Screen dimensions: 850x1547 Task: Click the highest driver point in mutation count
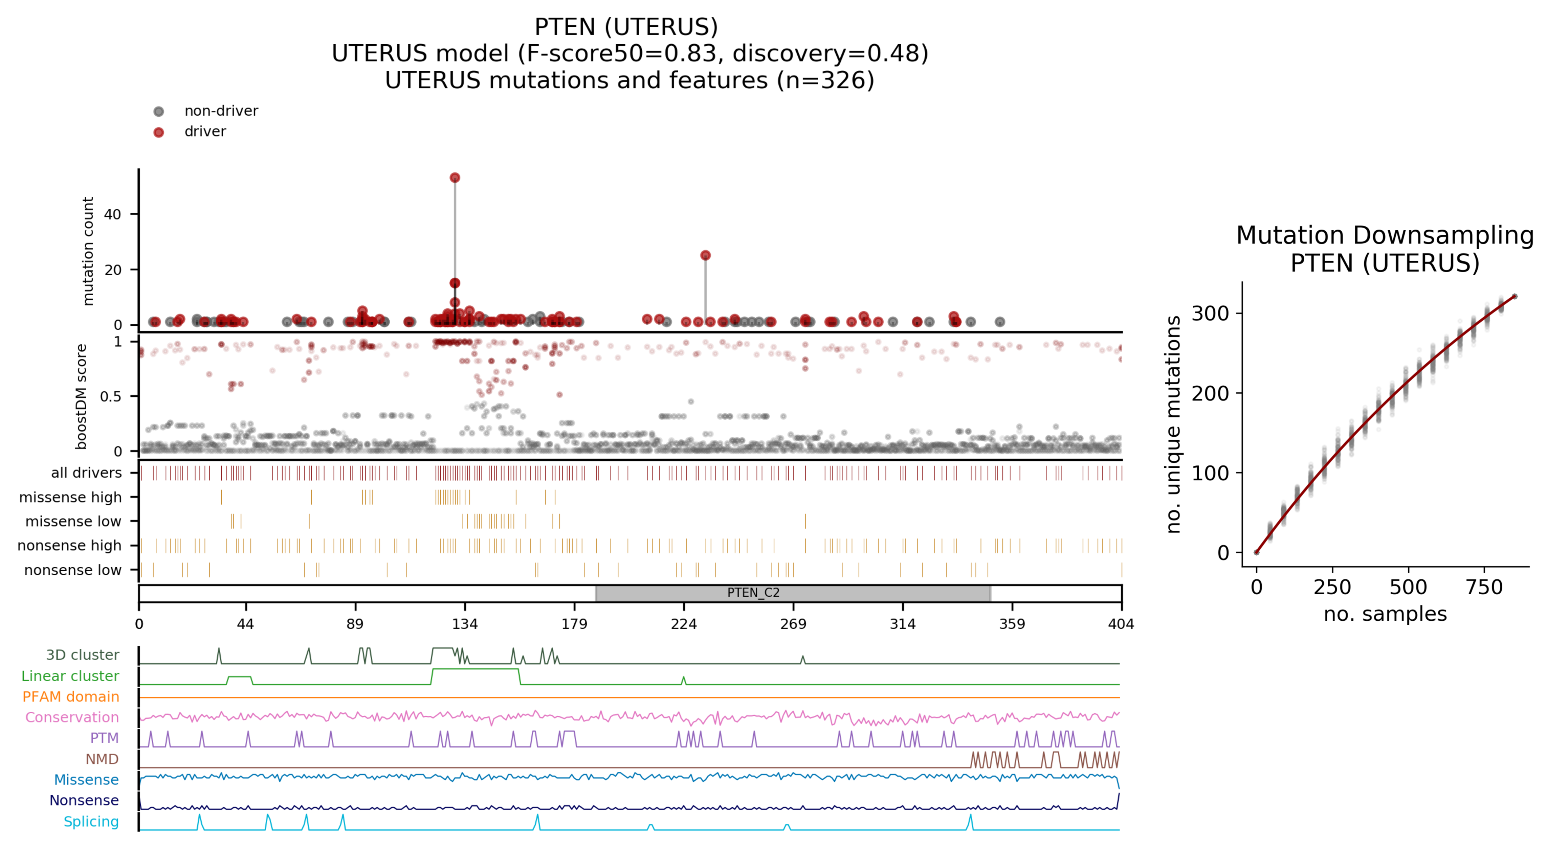point(455,178)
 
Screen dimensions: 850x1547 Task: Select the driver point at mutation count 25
point(705,255)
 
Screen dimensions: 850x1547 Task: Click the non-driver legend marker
point(158,111)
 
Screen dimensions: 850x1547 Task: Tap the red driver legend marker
point(158,132)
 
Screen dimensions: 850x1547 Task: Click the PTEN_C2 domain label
point(753,593)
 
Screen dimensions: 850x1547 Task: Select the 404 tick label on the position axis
point(1121,624)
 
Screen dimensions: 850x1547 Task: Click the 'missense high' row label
point(70,497)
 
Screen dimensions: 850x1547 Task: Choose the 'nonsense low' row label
point(73,570)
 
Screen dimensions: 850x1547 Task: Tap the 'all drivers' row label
point(87,473)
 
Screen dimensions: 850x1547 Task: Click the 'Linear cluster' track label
point(70,676)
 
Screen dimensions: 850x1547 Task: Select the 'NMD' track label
point(102,759)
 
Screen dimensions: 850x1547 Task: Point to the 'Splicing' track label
point(91,821)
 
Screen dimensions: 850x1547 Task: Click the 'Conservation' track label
point(72,717)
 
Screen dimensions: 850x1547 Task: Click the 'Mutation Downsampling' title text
point(1385,235)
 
